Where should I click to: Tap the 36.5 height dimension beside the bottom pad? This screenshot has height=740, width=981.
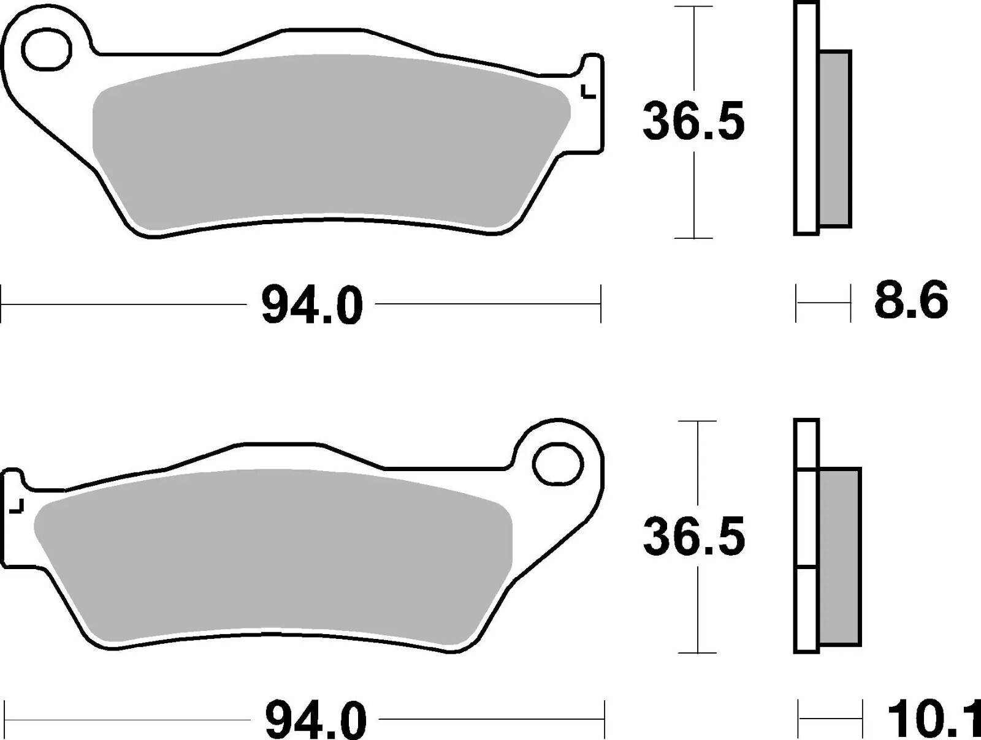(694, 537)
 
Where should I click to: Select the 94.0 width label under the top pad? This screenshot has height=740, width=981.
(312, 306)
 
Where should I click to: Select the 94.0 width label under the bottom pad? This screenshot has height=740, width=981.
(316, 720)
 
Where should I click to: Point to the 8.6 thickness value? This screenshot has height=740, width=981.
(910, 301)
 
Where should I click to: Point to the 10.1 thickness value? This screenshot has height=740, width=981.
(932, 720)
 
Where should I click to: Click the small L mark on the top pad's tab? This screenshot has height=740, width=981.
(587, 92)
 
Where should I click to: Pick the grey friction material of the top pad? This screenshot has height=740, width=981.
(331, 141)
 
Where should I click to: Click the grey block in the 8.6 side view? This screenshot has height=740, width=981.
(835, 139)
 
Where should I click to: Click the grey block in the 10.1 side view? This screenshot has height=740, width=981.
(840, 556)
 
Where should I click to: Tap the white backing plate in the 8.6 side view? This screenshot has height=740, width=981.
(806, 123)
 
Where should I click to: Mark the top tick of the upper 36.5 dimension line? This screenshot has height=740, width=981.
(693, 7)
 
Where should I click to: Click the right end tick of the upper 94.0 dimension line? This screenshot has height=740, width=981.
(601, 303)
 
